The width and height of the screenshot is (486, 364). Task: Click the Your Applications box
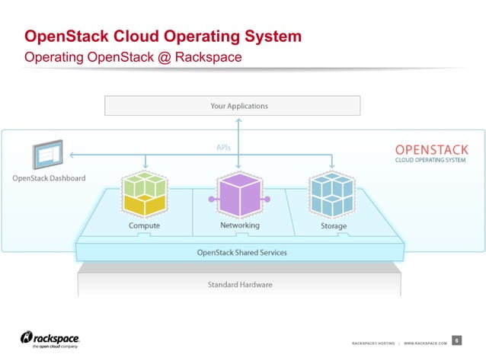[232, 105]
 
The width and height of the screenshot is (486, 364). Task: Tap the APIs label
[223, 148]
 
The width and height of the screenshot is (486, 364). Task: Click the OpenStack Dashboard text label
[49, 179]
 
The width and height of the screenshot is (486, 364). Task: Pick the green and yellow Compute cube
[144, 195]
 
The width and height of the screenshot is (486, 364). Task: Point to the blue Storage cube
[332, 195]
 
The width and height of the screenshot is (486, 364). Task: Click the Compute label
[144, 226]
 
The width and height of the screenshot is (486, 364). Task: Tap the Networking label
[239, 225]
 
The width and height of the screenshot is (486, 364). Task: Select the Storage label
[334, 226]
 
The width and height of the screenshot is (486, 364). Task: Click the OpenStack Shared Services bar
[241, 252]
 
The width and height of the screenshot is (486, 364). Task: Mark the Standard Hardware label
[239, 285]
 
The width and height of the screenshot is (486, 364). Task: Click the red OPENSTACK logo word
[431, 150]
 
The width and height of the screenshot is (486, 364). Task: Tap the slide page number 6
[456, 340]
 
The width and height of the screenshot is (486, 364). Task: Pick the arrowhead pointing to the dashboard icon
[72, 155]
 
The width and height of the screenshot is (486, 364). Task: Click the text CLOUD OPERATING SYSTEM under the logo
[431, 161]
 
